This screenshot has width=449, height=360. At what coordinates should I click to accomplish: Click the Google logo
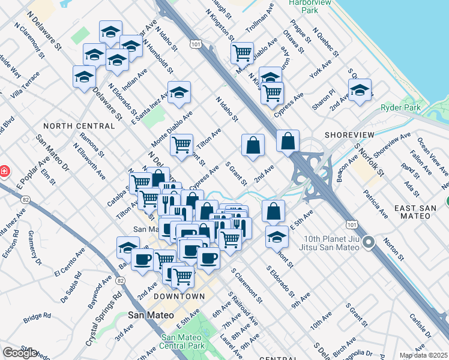click(x=20, y=353)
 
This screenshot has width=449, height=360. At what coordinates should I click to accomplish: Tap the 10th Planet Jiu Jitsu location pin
click(x=369, y=243)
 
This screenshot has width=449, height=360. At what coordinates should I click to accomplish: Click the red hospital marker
click(x=4, y=172)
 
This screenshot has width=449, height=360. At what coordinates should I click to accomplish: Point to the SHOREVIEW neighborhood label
click(x=350, y=135)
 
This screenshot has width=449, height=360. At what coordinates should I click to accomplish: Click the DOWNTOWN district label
click(x=179, y=296)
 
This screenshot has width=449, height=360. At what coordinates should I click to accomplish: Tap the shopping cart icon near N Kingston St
click(x=242, y=53)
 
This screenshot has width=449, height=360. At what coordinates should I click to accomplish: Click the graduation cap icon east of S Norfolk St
click(x=360, y=90)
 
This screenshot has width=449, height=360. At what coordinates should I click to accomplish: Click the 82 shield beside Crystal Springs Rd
click(x=121, y=280)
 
